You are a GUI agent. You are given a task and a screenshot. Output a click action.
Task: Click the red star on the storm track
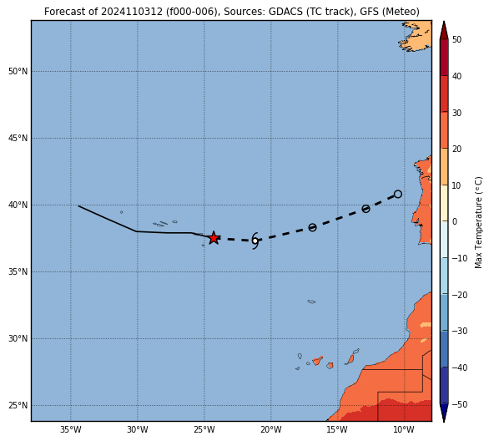coord(214,238)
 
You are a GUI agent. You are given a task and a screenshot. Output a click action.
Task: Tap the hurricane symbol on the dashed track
coord(255,241)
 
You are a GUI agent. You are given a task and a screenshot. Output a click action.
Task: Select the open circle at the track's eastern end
coord(398,194)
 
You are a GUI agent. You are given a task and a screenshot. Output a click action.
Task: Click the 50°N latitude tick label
coord(18,71)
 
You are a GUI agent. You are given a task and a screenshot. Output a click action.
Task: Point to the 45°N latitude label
coord(18,138)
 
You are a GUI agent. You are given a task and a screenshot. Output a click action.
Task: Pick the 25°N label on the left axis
coord(18,405)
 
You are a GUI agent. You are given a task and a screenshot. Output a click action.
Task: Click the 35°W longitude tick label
coord(71,429)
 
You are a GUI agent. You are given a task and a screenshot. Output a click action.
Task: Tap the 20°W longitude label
coord(271,429)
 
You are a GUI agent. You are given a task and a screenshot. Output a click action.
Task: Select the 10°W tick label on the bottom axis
coord(404,429)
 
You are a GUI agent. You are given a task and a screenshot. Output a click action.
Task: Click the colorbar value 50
coord(456,39)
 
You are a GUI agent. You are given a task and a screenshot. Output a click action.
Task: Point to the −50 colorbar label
coord(460,404)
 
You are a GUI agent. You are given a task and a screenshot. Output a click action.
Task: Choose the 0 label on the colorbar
coord(455,222)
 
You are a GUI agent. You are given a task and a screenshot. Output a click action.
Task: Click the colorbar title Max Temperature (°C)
coord(478,222)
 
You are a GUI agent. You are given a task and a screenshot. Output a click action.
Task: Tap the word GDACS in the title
coord(285,12)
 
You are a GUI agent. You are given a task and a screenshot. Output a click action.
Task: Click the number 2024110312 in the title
coord(132,12)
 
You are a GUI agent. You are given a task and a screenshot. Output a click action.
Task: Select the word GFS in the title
coord(370,12)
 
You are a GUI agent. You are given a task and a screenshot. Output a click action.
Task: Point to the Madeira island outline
coord(311,302)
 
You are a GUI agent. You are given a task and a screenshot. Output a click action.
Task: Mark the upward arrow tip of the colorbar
coord(444,21)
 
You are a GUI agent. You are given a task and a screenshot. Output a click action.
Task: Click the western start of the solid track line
coord(78,205)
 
